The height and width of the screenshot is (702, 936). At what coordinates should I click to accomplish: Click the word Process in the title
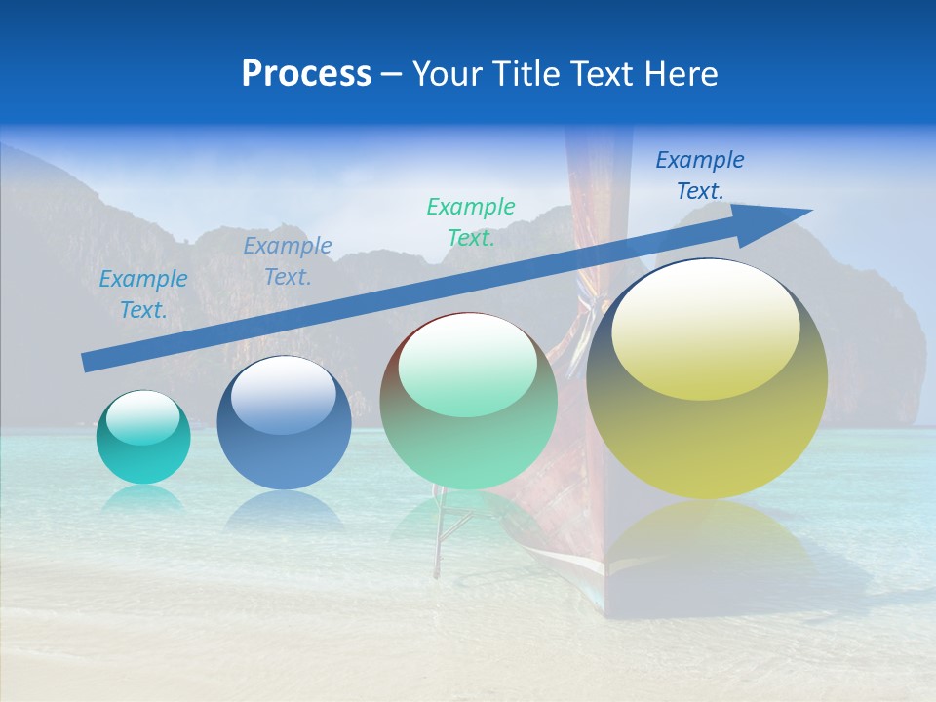(x=306, y=74)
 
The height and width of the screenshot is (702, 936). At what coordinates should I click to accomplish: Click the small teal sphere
(x=143, y=438)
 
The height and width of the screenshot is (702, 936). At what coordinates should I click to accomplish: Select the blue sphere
(x=284, y=424)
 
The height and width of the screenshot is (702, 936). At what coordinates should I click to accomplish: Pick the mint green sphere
(x=468, y=402)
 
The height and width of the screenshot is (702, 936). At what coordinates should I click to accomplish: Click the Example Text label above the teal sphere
(x=143, y=294)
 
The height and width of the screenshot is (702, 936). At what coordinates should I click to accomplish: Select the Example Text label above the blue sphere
(x=288, y=261)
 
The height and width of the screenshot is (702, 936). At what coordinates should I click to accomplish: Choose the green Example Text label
(x=471, y=221)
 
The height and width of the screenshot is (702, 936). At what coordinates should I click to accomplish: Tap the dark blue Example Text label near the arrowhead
(x=700, y=175)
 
